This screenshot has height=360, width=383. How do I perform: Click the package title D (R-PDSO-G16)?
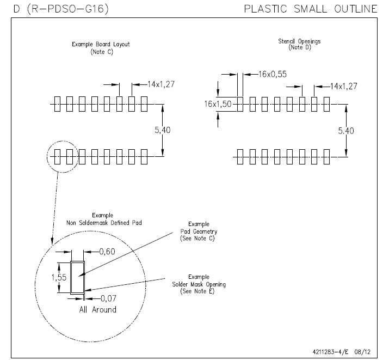coord(61,9)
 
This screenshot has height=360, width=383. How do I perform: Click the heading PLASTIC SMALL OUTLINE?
coord(311,9)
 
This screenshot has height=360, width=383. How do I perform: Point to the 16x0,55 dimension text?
coord(273,74)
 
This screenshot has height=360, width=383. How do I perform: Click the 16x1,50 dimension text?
coord(218,104)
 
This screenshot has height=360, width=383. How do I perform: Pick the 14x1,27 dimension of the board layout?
coord(161,84)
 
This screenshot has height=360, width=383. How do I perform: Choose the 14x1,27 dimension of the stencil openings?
coord(343,86)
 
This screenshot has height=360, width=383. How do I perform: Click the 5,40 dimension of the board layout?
coord(163,130)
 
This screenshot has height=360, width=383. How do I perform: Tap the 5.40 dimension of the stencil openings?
coord(346,131)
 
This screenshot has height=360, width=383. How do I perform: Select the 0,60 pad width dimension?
coord(107,252)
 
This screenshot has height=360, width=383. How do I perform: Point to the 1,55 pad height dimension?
coord(59,277)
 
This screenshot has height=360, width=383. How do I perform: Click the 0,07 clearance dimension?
coord(108,298)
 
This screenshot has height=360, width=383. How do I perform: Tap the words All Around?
coord(98,309)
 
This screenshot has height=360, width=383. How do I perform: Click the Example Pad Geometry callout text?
coord(199,231)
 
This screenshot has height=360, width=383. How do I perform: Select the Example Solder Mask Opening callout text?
coord(199,284)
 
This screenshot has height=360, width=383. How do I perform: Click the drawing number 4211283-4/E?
coord(330,352)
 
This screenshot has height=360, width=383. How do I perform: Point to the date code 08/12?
coord(362,352)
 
